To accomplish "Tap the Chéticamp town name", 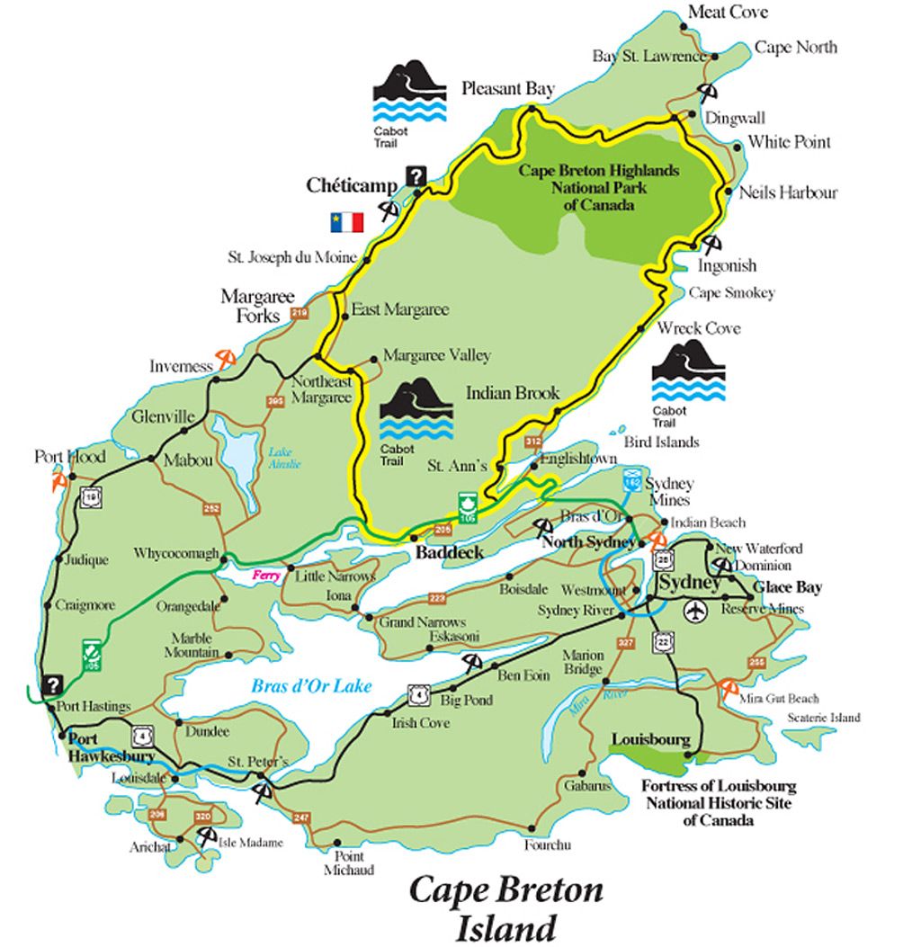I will pyautogui.click(x=352, y=185).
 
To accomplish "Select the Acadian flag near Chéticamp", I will pyautogui.click(x=346, y=222).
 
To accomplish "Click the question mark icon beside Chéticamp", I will pyautogui.click(x=416, y=177).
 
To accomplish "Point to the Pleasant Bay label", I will pyautogui.click(x=507, y=88).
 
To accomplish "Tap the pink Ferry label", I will pyautogui.click(x=268, y=575).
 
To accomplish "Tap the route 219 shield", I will pyautogui.click(x=300, y=314).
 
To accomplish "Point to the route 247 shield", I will pyautogui.click(x=300, y=817).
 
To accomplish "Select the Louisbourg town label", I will pyautogui.click(x=650, y=740).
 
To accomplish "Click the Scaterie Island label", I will pyautogui.click(x=823, y=718).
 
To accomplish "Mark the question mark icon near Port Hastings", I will pyautogui.click(x=54, y=684).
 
